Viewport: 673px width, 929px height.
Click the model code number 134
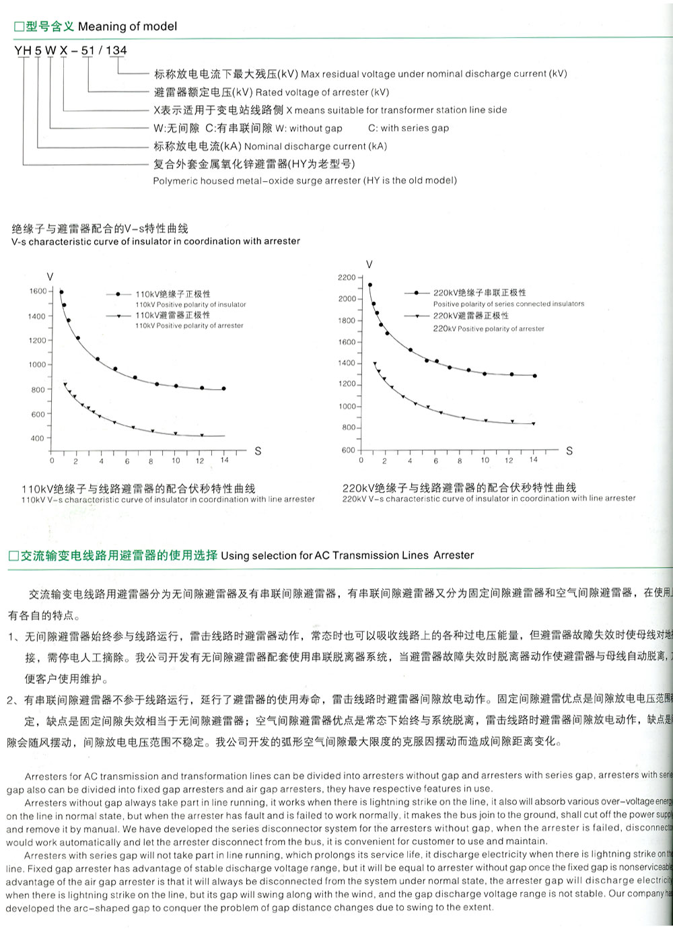coord(116,50)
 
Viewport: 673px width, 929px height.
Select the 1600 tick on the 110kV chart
coord(38,291)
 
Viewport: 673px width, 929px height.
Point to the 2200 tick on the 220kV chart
coord(347,277)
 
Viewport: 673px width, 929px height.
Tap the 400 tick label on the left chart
coord(38,438)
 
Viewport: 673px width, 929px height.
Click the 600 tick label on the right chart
coord(348,450)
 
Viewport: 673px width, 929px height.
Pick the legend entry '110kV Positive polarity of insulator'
coord(190,304)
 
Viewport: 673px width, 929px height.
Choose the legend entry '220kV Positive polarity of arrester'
coord(489,329)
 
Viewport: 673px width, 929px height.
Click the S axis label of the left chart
coord(258,451)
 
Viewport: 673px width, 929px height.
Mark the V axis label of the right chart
coord(369,264)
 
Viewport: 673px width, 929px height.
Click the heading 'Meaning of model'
coord(127,27)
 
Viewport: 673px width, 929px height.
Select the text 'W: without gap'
coord(309,128)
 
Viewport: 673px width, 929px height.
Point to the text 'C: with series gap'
coord(409,128)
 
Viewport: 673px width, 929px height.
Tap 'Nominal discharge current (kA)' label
coord(316,146)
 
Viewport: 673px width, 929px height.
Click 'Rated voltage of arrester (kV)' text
coord(322,92)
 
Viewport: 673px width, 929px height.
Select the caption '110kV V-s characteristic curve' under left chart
coord(168,500)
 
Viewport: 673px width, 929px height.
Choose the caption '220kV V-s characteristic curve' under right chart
coord(489,498)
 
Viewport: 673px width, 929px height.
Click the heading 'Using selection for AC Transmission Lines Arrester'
coord(347,555)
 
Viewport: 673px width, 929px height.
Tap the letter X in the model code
coord(64,50)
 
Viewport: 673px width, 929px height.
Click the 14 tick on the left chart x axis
coord(224,460)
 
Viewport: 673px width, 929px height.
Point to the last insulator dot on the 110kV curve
coord(223,388)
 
